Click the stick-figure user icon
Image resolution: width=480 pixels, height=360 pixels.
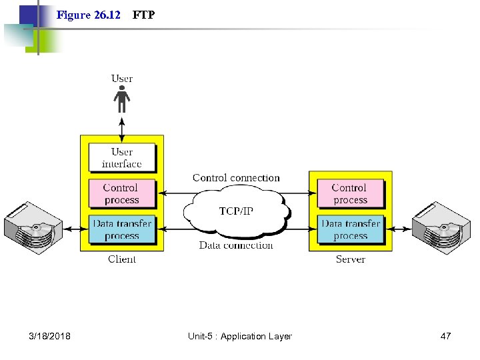tap(121, 101)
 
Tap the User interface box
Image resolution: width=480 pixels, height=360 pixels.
tap(122, 158)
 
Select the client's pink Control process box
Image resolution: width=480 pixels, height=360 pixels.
tap(122, 194)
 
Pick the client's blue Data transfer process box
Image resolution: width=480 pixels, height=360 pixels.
tap(122, 229)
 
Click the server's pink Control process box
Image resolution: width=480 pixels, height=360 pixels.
tap(350, 194)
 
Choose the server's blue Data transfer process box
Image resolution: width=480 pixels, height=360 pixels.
tap(350, 229)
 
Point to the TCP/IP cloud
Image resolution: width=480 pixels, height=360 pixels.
tap(236, 211)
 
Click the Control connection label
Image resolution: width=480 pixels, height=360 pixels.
tap(236, 178)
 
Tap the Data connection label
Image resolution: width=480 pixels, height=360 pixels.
tap(236, 245)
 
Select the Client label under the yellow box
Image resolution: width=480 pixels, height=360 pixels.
tap(122, 259)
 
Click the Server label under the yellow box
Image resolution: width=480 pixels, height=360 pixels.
tap(350, 259)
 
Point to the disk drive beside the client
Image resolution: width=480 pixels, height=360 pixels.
tap(33, 227)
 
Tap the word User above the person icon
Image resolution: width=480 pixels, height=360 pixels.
tap(121, 79)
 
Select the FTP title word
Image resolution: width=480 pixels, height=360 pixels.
tap(143, 15)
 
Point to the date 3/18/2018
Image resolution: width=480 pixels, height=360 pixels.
tap(50, 336)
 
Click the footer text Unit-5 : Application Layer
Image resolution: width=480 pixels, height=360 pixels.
tap(240, 336)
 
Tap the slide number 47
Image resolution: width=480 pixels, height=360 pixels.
tap(445, 336)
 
